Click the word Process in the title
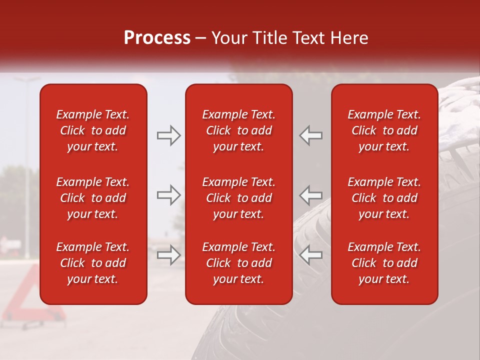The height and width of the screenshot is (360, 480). coord(157,38)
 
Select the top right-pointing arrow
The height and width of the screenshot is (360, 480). coord(168,135)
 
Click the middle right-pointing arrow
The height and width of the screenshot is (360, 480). coord(168,195)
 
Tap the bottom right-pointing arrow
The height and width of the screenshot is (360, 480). coord(168,255)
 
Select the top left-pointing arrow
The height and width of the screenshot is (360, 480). coord(311,135)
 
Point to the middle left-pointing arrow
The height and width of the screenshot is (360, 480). coord(311,195)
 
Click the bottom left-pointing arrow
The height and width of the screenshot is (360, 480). coord(311,255)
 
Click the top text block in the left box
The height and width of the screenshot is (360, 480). coord(93,130)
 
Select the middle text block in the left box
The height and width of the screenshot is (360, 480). coord(93,198)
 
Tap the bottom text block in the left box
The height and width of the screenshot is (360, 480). coord(93,263)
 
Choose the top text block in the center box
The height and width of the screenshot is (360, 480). coord(238,130)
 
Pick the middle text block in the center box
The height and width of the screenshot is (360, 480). coord(238,198)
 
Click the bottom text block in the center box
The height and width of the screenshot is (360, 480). coord(238,263)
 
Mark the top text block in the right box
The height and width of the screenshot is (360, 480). coord(384,130)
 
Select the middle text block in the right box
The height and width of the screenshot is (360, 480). coord(384,198)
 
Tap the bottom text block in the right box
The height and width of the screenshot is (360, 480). coord(384,263)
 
